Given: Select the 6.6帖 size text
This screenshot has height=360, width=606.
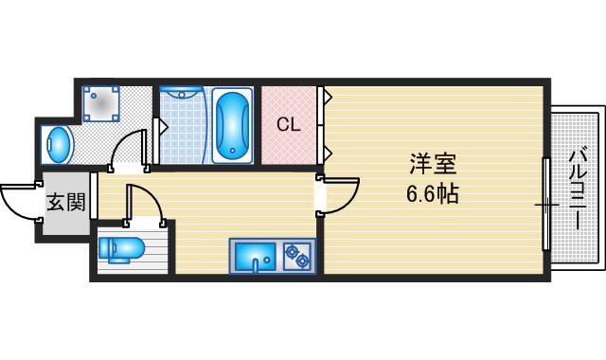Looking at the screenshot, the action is click(x=434, y=195).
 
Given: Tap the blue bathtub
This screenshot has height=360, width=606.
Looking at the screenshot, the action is click(x=232, y=126).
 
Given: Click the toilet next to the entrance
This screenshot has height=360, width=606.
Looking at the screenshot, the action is click(x=121, y=249).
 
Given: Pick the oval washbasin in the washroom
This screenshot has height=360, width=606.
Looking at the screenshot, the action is click(x=60, y=145).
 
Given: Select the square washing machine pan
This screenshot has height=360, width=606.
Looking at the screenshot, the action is click(x=101, y=103).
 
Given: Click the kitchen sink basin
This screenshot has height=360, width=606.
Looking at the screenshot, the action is click(x=253, y=256).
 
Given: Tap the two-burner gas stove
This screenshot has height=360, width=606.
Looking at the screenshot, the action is click(x=297, y=256).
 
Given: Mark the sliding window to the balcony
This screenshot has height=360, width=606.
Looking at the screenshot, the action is click(x=545, y=204).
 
